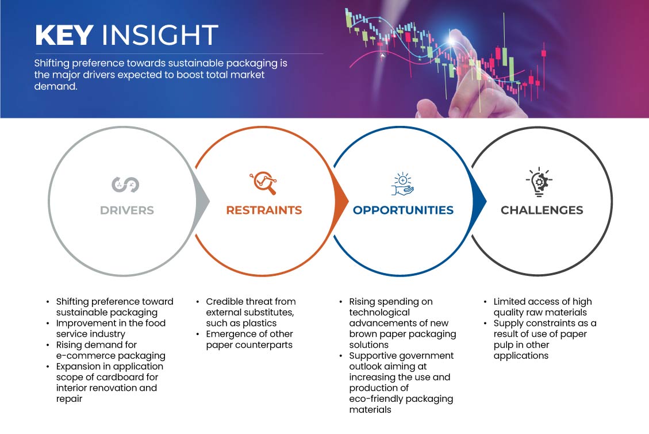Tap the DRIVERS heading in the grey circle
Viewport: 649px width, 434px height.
[127, 210]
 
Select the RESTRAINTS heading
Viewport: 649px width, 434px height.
[264, 210]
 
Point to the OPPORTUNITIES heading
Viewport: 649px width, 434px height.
[403, 210]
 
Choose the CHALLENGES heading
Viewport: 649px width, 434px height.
[542, 210]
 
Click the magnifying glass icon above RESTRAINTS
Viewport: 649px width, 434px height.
[263, 183]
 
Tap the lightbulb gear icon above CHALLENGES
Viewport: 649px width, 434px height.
[539, 182]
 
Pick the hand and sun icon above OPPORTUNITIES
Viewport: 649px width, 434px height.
[402, 184]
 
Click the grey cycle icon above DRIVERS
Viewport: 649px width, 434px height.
[125, 185]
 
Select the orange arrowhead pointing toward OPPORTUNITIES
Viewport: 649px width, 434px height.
[341, 202]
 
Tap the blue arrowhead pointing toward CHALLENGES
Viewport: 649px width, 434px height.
[479, 202]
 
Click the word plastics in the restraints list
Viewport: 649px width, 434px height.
[259, 323]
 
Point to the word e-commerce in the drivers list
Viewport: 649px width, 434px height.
[81, 356]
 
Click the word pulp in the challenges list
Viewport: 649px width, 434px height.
[504, 345]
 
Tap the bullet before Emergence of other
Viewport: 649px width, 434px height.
[198, 334]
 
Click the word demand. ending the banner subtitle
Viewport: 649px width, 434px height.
[56, 86]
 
